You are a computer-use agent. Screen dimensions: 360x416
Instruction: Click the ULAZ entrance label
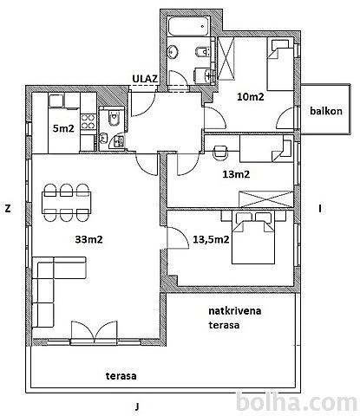coord(145,78)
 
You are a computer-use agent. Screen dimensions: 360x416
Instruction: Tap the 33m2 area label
coord(88,239)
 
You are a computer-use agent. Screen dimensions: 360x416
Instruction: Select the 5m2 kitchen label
coord(63,128)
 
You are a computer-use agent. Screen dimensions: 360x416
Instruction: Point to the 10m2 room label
coord(251,97)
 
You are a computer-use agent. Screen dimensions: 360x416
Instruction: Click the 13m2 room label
coord(236,174)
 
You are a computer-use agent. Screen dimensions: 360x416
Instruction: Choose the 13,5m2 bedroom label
coord(211,239)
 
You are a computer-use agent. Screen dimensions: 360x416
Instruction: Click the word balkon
coord(326,111)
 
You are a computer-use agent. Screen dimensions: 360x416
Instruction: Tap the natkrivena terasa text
coord(235,318)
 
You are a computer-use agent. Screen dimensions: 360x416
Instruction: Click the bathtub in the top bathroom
coord(189,27)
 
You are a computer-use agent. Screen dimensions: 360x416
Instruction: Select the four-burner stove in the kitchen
coord(88,122)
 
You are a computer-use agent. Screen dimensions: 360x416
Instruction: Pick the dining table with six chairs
coord(66,203)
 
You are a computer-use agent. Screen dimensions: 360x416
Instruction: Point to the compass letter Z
coord(8,209)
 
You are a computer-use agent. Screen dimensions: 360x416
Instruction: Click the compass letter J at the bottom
coord(137,406)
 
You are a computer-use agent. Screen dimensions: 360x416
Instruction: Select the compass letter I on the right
coord(320,209)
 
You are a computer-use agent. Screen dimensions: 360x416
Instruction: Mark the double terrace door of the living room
coord(95,333)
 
